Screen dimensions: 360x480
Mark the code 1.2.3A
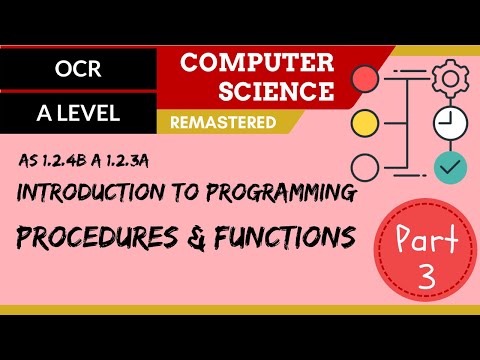pos(154,160)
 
